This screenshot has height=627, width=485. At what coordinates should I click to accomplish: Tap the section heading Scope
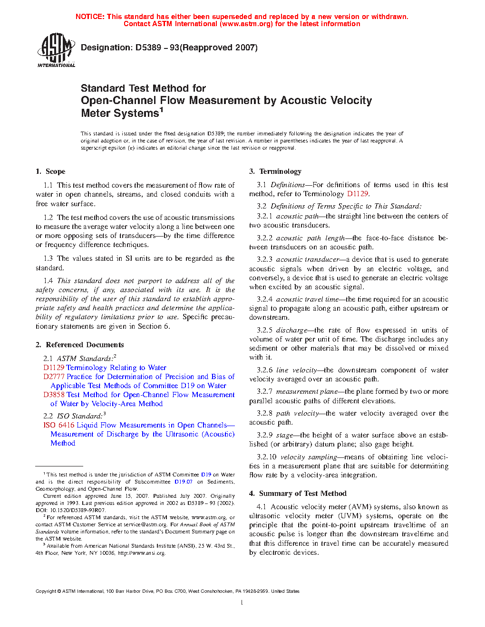pyautogui.click(x=55, y=171)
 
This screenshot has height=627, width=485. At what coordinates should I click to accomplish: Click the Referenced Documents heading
pyautogui.click(x=85, y=345)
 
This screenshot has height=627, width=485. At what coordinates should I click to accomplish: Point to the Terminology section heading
pyautogui.click(x=280, y=171)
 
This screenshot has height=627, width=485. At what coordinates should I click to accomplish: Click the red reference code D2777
pyautogui.click(x=54, y=377)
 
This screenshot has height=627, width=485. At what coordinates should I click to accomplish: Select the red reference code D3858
pyautogui.click(x=54, y=395)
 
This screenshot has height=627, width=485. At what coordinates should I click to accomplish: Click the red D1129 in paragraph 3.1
pyautogui.click(x=358, y=194)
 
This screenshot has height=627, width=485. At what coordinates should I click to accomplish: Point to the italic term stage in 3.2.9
pyautogui.click(x=284, y=435)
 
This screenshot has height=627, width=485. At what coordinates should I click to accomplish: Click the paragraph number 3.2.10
pyautogui.click(x=266, y=457)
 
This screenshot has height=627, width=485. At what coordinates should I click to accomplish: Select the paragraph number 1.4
pyautogui.click(x=48, y=281)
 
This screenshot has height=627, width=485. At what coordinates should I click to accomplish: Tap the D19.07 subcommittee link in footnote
pyautogui.click(x=183, y=482)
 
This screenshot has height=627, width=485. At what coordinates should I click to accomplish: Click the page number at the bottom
pyautogui.click(x=242, y=603)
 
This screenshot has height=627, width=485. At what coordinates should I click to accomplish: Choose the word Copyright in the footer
pyautogui.click(x=46, y=591)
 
